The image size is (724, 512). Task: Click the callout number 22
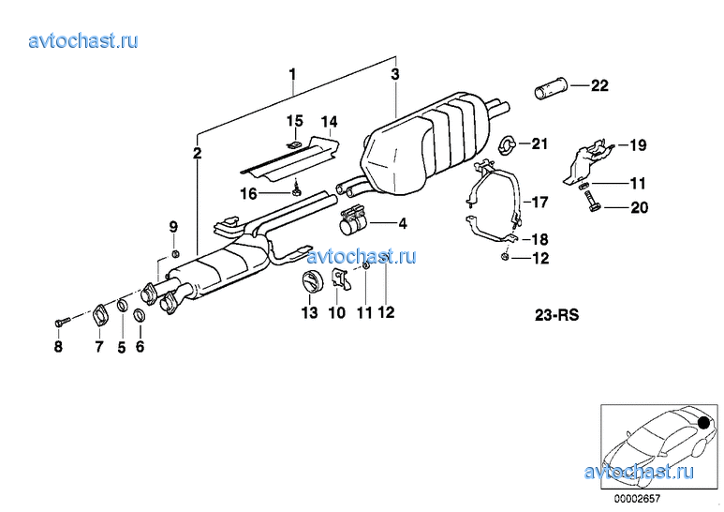599,85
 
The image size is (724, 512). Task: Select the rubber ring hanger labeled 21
508,144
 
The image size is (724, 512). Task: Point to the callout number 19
638,145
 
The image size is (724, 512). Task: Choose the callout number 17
539,202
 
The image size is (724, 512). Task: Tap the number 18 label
539,239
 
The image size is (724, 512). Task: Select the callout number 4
403,224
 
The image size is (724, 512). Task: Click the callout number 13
310,313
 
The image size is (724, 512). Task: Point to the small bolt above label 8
63,320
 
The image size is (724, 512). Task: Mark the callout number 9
173,227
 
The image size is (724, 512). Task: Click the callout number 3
395,74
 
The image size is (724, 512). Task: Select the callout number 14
329,122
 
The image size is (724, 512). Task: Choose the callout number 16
248,193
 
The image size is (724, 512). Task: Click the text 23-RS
557,315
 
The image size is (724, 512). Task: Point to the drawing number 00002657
637,499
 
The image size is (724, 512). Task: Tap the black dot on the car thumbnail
704,422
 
